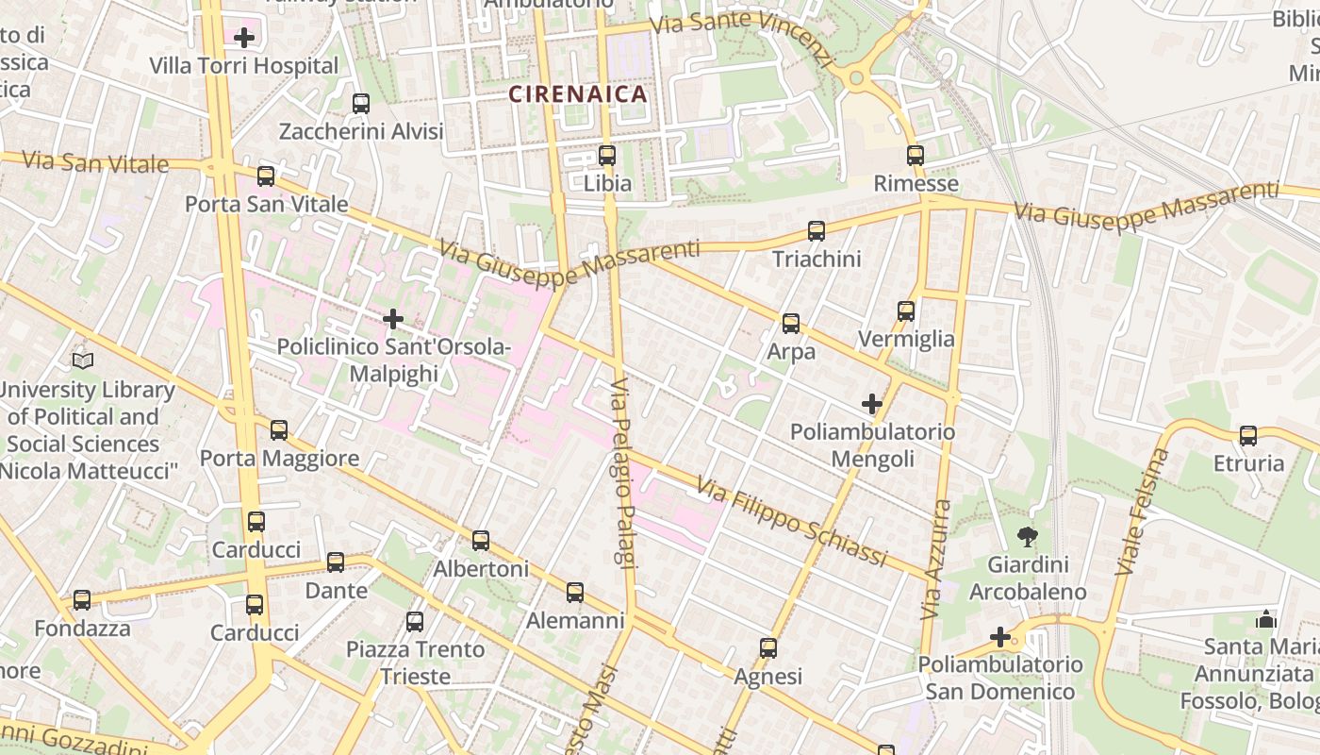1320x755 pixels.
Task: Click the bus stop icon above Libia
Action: (607, 156)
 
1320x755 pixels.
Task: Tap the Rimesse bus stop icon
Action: (915, 156)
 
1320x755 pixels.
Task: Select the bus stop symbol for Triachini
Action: (817, 231)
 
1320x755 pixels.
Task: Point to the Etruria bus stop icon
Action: (1248, 436)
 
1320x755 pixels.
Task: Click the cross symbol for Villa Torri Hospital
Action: (244, 38)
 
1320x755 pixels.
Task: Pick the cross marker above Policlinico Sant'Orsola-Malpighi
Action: (393, 319)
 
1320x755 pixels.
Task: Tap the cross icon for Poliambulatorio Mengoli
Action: (872, 404)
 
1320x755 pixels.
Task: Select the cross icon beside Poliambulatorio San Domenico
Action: (1000, 638)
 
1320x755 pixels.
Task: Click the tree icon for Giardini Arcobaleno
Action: (1027, 538)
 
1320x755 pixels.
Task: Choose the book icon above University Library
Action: (83, 361)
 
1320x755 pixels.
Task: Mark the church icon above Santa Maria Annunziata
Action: (1265, 620)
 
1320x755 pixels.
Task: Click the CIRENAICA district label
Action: (578, 94)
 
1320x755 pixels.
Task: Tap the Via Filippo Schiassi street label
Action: (792, 523)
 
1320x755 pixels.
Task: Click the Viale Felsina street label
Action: (1142, 512)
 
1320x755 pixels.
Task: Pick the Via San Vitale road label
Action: (94, 161)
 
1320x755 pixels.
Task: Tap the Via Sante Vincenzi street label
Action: (745, 38)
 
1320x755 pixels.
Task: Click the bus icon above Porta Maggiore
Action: (279, 430)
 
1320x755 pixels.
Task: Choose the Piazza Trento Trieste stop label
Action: (415, 663)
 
